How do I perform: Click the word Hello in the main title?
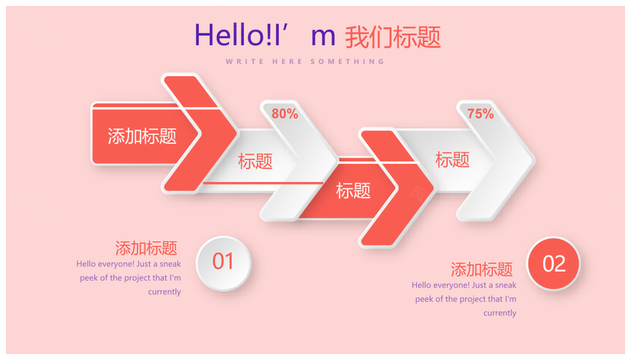[228, 35]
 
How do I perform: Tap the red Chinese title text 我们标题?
[393, 37]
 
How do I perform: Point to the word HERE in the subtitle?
[287, 62]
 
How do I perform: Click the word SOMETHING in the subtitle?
[347, 62]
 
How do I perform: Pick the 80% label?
[285, 114]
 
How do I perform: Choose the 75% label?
[480, 114]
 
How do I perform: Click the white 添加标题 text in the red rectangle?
[142, 137]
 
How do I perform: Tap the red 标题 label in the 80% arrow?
[255, 161]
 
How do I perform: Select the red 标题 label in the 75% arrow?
[452, 160]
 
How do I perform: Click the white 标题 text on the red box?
[353, 191]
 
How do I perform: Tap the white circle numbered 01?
[223, 263]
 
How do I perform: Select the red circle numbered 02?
[553, 263]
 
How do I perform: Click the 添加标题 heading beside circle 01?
[146, 248]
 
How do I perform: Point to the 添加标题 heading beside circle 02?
[482, 269]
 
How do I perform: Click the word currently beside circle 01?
[164, 292]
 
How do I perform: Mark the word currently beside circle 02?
[500, 313]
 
